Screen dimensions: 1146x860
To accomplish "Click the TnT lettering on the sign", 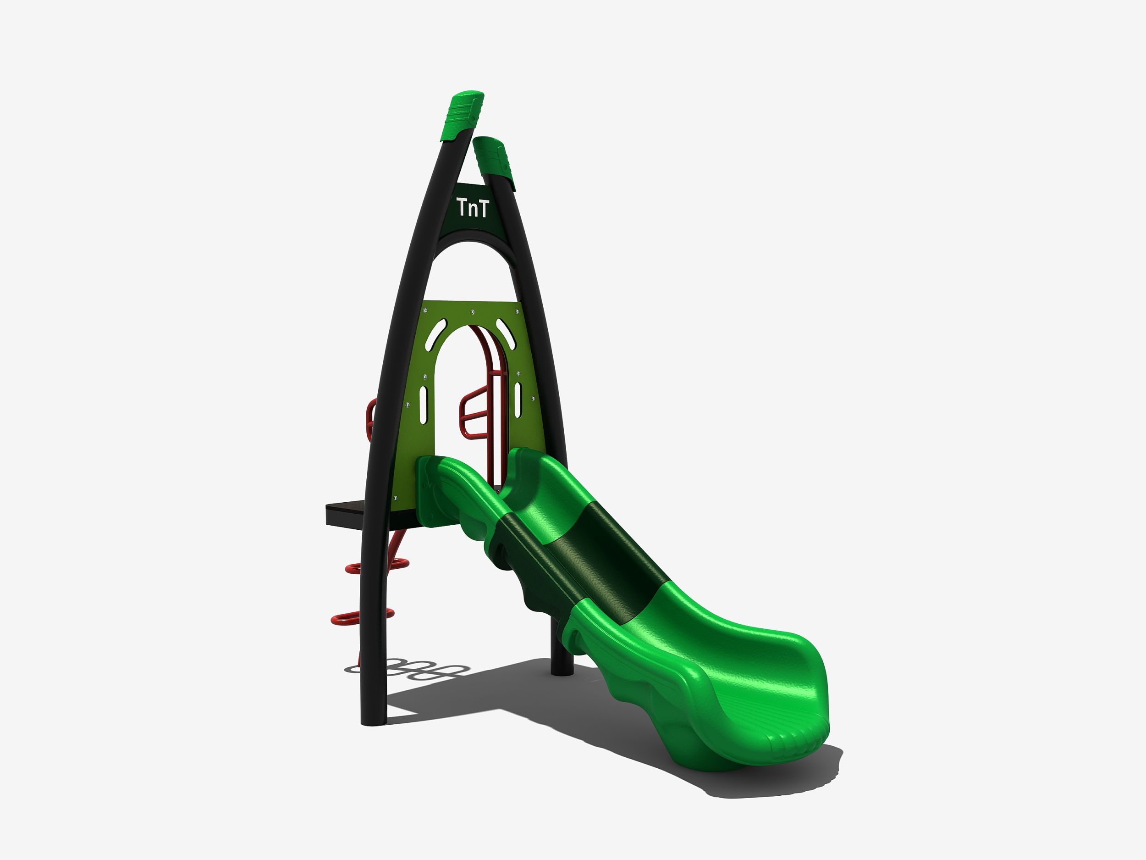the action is click(x=473, y=208).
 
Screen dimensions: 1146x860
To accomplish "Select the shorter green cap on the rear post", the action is click(x=494, y=163).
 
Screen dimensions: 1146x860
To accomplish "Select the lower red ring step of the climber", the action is click(x=362, y=617).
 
